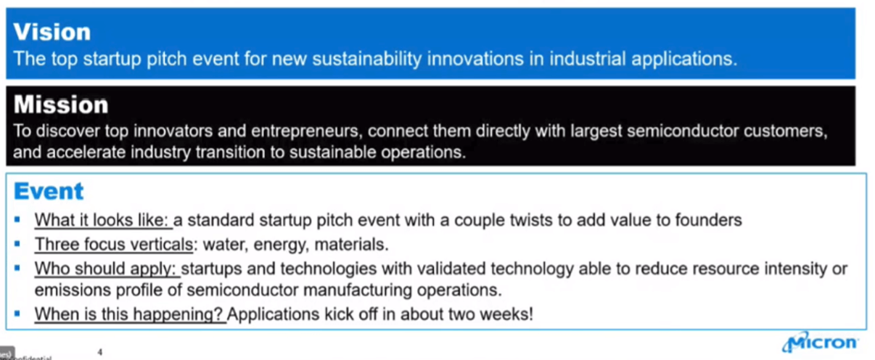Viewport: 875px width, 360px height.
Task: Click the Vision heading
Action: pyautogui.click(x=52, y=32)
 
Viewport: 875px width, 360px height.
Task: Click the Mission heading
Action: pyautogui.click(x=61, y=105)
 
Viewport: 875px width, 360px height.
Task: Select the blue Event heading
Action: pyautogui.click(x=49, y=192)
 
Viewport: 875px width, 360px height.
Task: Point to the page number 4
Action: pyautogui.click(x=100, y=352)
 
